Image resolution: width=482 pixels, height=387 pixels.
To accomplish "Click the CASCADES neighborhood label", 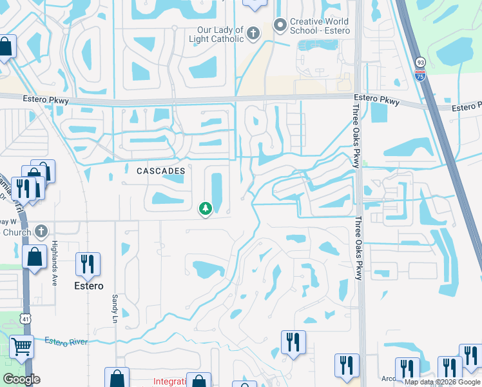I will [x=161, y=171].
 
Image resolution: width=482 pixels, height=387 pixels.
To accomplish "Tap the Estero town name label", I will [x=88, y=286].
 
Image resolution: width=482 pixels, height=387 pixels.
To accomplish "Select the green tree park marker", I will [x=206, y=208].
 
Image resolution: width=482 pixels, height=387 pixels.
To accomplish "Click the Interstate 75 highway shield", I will [x=420, y=75].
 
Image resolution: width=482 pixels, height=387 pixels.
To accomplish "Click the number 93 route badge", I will [x=420, y=62].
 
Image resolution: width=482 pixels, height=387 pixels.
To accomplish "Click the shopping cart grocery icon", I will [x=21, y=347].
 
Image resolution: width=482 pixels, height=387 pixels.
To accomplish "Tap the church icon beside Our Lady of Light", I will [x=253, y=32].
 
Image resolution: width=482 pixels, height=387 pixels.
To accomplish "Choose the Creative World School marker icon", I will [x=280, y=26].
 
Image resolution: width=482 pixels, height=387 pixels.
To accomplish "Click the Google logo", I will [x=21, y=379].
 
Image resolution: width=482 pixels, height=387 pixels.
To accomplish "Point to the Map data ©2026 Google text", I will [x=443, y=382].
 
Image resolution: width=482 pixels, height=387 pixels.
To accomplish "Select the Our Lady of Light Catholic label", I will [x=217, y=34].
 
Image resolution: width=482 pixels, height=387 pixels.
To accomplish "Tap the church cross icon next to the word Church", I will [x=41, y=231].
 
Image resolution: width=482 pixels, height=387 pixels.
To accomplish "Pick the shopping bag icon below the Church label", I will [x=34, y=257].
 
